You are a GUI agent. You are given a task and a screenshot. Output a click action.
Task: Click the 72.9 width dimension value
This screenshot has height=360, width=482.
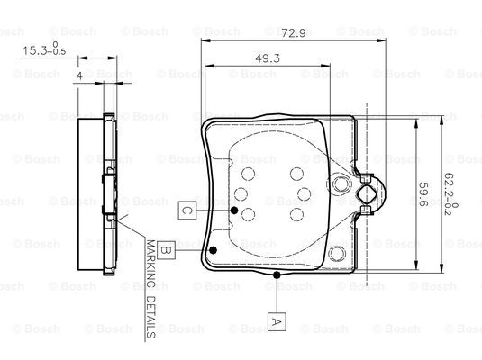pos(294,33)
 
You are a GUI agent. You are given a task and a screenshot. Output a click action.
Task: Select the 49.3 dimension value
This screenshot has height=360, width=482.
pos(268,58)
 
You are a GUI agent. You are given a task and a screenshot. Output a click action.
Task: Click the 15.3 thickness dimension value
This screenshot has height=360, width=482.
pos(34,50)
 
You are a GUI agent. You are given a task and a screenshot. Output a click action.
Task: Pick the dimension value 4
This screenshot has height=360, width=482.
pos(79,76)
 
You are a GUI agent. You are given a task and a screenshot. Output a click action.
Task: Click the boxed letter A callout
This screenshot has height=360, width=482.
pos(277,321)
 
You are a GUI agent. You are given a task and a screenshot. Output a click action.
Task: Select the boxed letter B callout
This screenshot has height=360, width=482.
pos(166,250)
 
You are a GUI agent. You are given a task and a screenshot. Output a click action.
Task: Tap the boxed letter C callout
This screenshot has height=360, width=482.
pos(187,211)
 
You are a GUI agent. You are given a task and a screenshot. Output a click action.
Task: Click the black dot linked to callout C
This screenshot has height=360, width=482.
pos(234,211)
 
